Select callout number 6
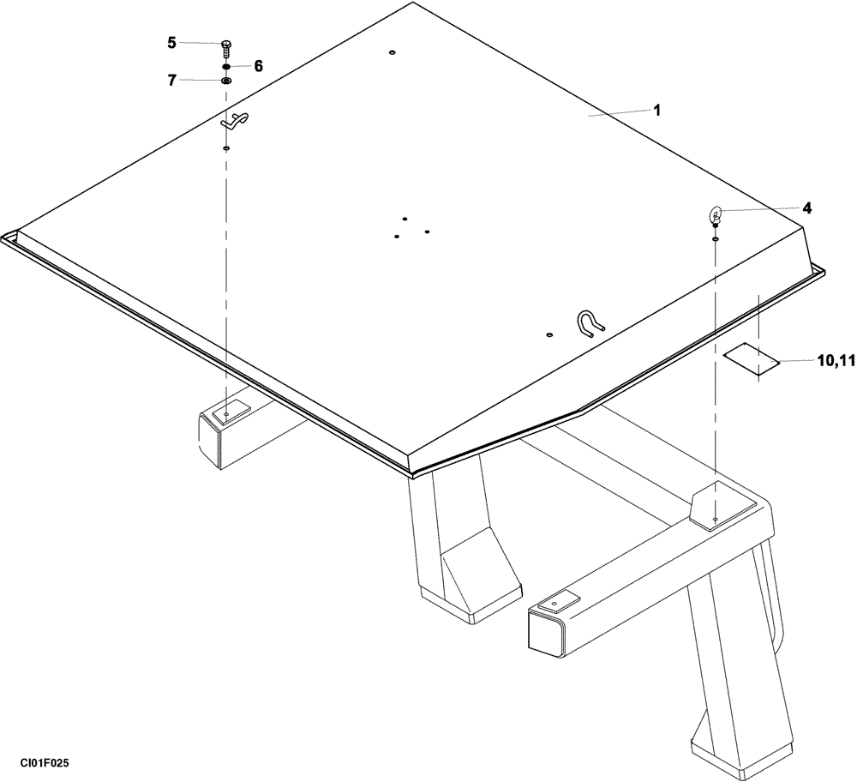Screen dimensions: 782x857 coord(258,65)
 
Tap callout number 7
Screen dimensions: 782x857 coord(172,80)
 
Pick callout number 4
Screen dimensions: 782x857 coord(807,208)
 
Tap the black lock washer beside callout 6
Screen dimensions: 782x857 coord(225,66)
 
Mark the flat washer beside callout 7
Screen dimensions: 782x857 coord(226,81)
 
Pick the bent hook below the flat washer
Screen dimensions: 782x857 coord(233,122)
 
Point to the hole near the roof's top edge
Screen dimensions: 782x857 coord(392,53)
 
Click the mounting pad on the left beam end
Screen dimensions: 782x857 coord(227,413)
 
